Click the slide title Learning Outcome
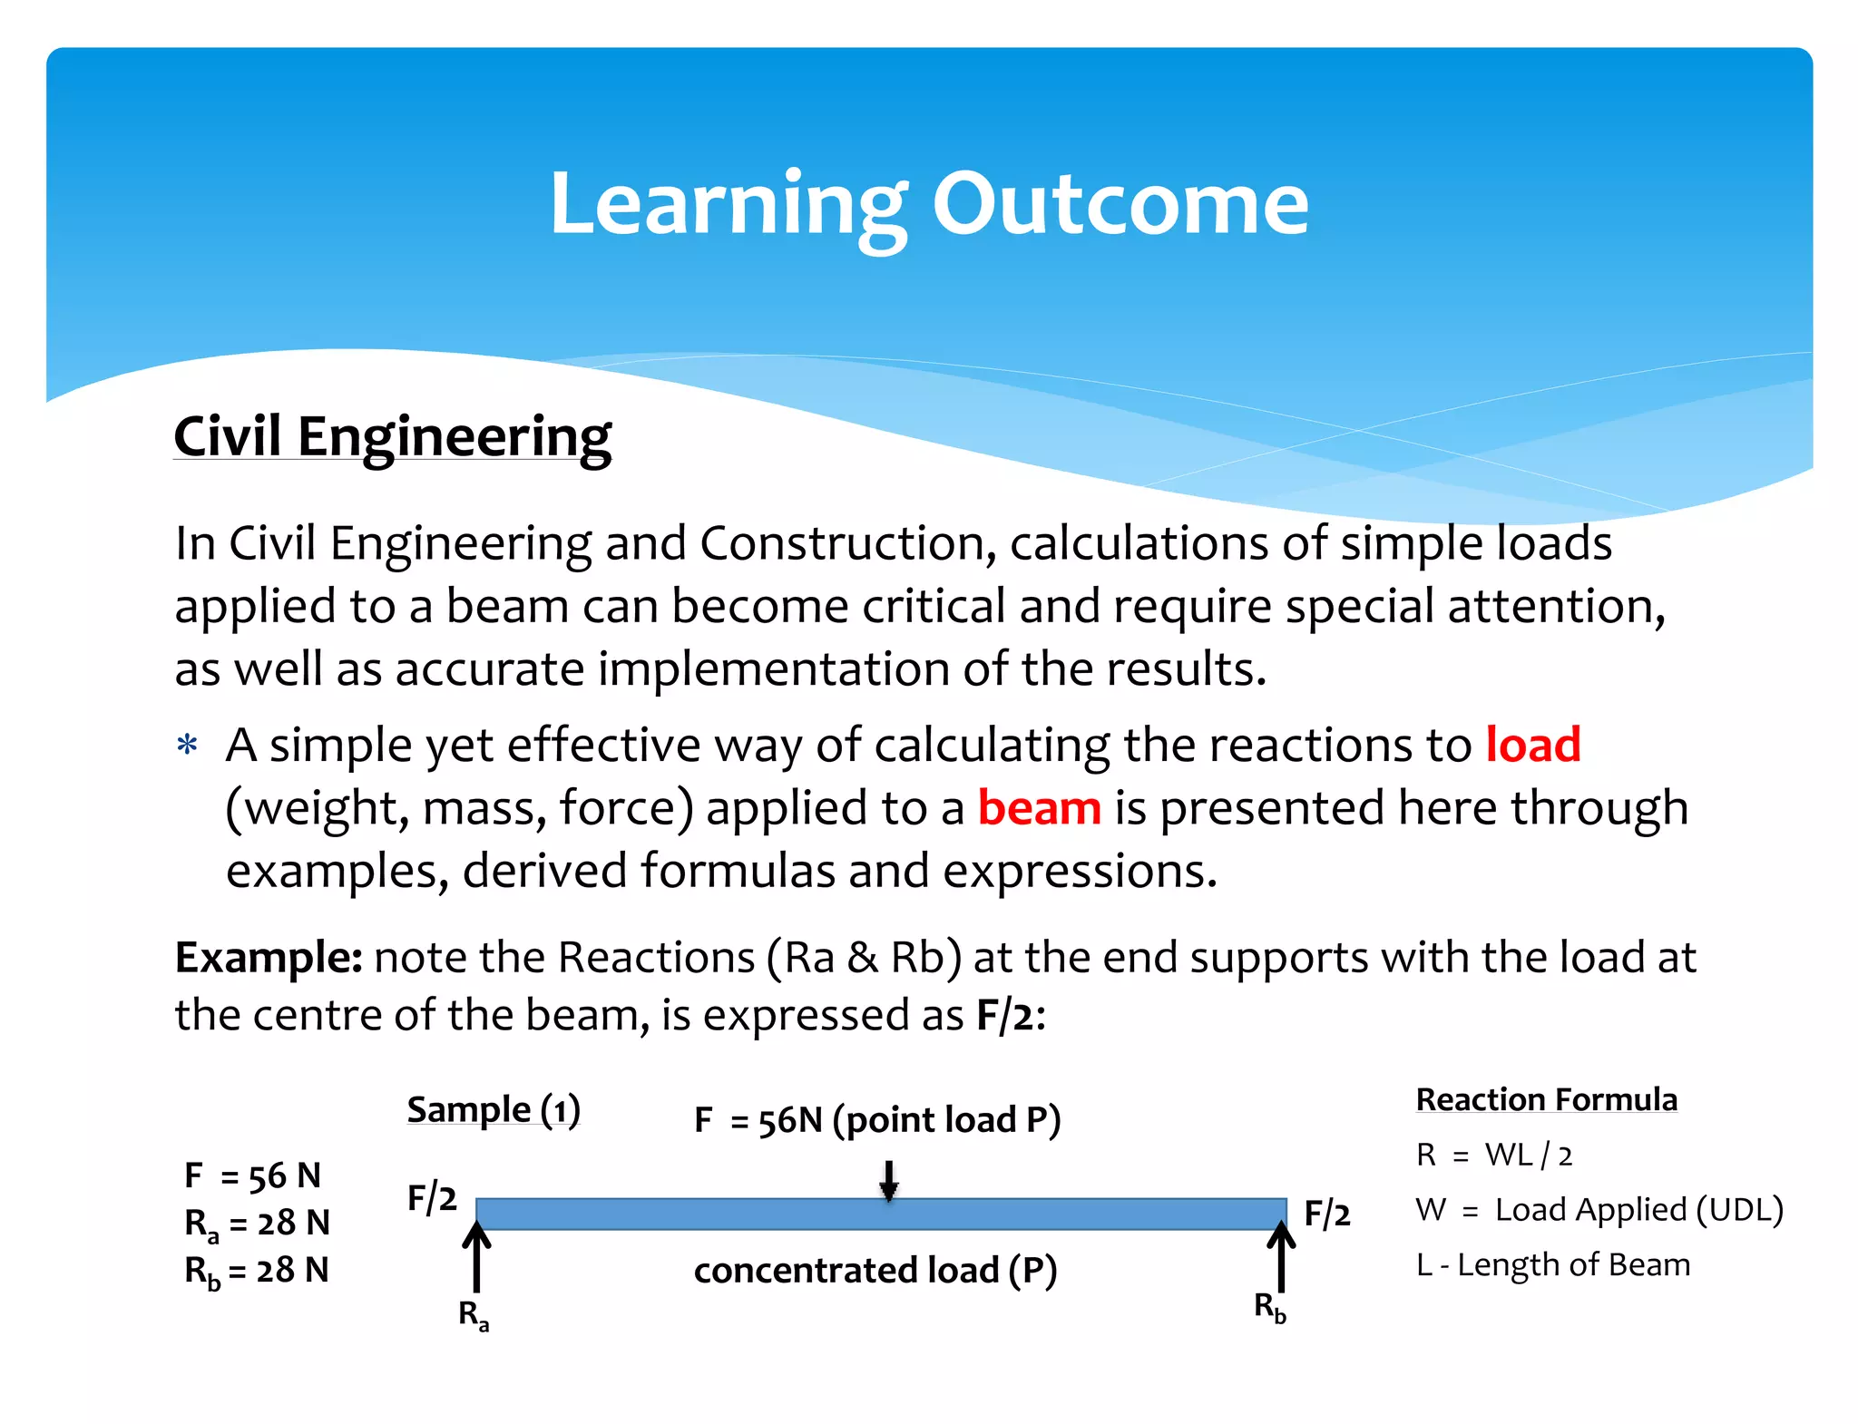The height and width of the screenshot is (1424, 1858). click(x=928, y=205)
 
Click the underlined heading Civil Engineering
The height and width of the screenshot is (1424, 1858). click(x=392, y=437)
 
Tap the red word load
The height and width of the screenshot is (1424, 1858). click(x=1532, y=745)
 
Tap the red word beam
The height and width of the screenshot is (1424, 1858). click(x=1039, y=807)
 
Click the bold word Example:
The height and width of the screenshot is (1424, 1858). click(x=269, y=958)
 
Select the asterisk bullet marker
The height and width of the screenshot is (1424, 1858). click(x=188, y=746)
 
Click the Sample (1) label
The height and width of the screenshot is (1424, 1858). click(x=494, y=1109)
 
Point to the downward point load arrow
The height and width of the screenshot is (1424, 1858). click(x=889, y=1180)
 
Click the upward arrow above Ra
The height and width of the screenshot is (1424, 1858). click(x=476, y=1257)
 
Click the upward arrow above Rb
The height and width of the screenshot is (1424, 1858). click(x=1281, y=1255)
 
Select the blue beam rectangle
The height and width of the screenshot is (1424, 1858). click(x=880, y=1214)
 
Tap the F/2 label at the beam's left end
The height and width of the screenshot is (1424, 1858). click(x=432, y=1198)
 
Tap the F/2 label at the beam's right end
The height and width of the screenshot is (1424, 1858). click(x=1326, y=1214)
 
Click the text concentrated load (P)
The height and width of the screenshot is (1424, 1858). click(x=875, y=1270)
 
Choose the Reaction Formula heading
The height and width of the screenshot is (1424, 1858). click(x=1546, y=1099)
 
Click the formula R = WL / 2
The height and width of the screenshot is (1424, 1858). click(x=1494, y=1155)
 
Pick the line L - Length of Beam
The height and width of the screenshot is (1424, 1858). click(x=1553, y=1264)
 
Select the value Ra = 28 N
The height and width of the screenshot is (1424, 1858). click(x=257, y=1224)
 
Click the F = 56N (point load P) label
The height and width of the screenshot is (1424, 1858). click(x=876, y=1120)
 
